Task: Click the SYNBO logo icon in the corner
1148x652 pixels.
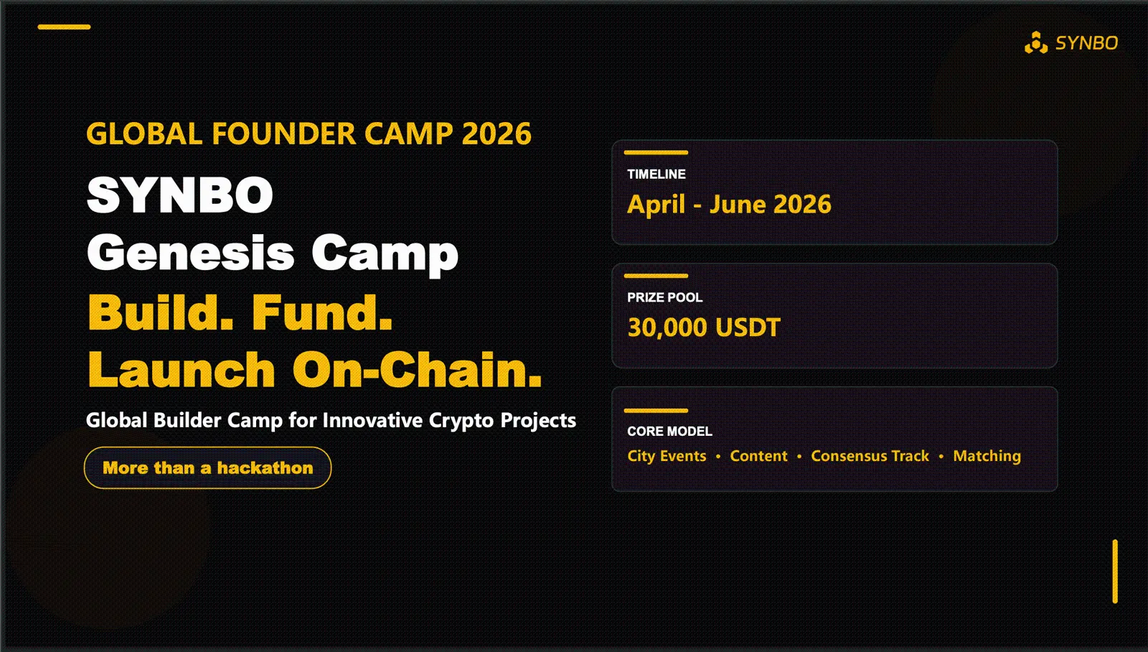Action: point(1035,43)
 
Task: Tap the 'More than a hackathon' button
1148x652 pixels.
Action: point(208,468)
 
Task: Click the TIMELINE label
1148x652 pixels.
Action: point(656,174)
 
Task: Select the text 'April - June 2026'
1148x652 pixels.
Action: point(729,205)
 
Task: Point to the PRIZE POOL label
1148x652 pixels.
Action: point(664,297)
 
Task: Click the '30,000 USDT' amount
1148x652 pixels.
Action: point(704,327)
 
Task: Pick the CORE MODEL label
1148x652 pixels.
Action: point(669,431)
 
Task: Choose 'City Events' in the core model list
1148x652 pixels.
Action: point(667,456)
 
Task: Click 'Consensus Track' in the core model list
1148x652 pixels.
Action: point(870,456)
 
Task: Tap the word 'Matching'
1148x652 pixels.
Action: point(987,456)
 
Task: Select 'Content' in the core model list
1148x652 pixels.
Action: point(758,456)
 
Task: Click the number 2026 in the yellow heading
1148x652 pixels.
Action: point(497,134)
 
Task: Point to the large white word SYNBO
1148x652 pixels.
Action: point(180,195)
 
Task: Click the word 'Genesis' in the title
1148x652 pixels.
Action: point(191,253)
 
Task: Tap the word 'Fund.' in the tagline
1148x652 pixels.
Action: point(322,312)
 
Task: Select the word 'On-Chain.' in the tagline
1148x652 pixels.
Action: point(417,370)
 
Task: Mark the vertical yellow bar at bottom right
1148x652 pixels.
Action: point(1115,572)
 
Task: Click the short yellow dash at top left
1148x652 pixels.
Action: point(64,27)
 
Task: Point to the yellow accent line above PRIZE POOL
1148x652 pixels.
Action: point(656,276)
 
